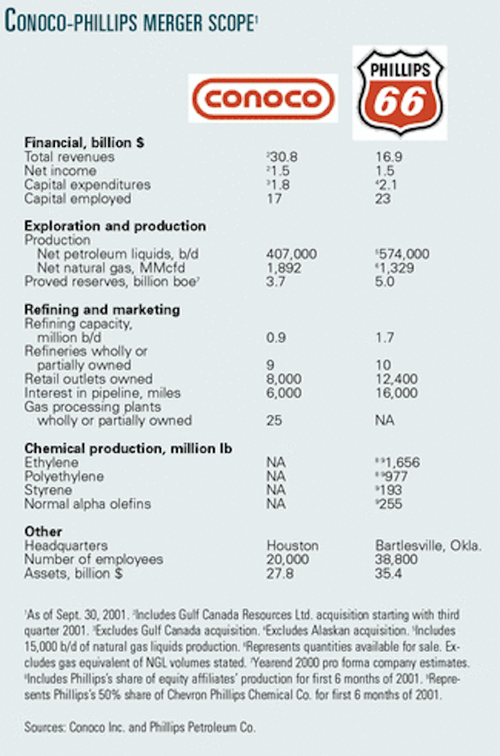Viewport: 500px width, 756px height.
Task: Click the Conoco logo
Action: pyautogui.click(x=262, y=98)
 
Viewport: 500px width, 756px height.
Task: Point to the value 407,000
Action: pyautogui.click(x=291, y=254)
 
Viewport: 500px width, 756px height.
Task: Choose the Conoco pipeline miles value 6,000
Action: pyautogui.click(x=285, y=393)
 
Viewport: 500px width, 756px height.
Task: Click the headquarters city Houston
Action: pyautogui.click(x=292, y=546)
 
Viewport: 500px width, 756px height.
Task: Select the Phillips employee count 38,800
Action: pyautogui.click(x=397, y=559)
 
